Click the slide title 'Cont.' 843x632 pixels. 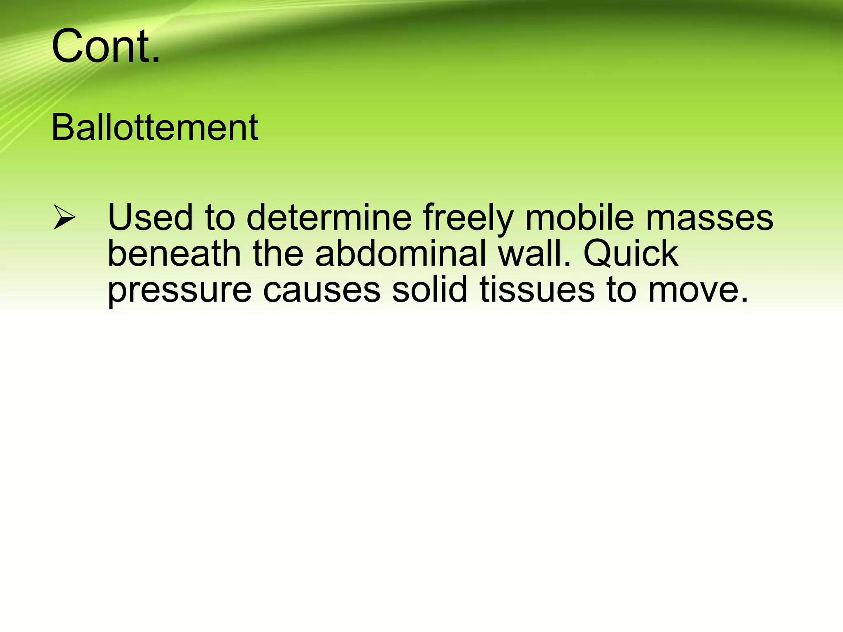105,46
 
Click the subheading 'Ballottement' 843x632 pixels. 155,128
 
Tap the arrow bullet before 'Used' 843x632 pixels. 64,218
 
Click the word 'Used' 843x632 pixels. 150,217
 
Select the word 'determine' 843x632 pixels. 329,217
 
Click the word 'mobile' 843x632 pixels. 580,217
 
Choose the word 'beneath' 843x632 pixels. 174,253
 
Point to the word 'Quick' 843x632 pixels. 631,253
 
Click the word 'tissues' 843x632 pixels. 537,290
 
